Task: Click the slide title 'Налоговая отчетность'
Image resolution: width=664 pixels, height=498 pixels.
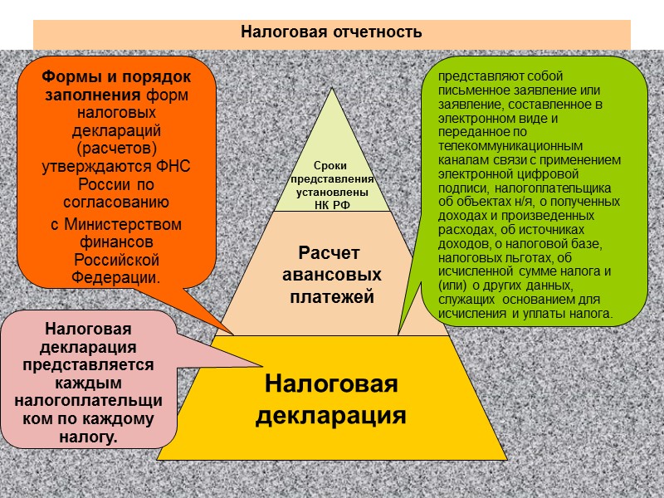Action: [x=331, y=32]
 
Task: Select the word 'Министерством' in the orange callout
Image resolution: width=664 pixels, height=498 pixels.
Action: [x=116, y=224]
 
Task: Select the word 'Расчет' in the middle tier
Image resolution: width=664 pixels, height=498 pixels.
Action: [x=331, y=252]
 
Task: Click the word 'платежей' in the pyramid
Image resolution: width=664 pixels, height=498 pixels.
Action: [x=331, y=295]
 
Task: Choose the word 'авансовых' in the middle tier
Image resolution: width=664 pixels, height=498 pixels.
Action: [x=331, y=274]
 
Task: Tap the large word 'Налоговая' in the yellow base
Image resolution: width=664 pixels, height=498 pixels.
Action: [x=331, y=384]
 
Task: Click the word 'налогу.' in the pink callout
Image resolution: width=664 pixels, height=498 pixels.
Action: [x=88, y=436]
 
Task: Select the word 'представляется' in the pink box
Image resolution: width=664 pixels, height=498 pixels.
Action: [x=88, y=364]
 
